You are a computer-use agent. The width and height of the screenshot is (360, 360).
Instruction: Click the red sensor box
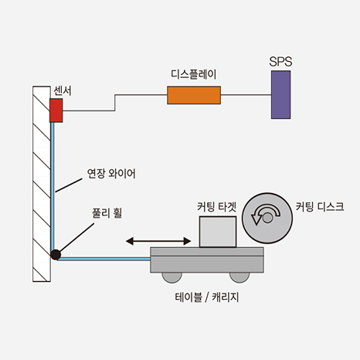tap(56, 110)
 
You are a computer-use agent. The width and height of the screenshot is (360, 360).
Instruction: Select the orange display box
tap(194, 95)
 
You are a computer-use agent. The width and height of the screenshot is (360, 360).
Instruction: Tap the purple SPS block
tap(281, 95)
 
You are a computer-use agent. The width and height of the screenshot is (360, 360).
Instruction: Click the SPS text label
tap(280, 62)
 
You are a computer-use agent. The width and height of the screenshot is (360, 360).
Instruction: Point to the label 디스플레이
tap(194, 74)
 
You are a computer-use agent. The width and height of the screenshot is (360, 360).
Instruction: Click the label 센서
tap(63, 90)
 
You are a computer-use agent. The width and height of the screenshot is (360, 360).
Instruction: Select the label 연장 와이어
tap(111, 174)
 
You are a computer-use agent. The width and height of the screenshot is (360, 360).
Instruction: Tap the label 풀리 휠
tap(107, 213)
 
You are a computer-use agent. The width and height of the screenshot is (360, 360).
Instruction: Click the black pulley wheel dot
tap(56, 255)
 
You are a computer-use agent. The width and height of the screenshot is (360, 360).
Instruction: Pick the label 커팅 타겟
tap(217, 207)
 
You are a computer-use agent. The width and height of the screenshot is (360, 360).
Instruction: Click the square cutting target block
tap(218, 232)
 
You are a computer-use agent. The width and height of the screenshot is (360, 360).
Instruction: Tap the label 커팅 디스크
tap(320, 206)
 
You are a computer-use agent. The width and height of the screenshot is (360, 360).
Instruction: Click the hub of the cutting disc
tap(267, 218)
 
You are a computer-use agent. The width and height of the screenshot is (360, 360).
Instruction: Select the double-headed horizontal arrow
tap(158, 241)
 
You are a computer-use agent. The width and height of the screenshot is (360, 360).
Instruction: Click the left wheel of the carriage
tap(172, 277)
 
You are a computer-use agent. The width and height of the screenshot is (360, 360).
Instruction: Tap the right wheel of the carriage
tap(239, 277)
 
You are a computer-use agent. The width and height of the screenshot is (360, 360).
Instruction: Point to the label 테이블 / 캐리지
tap(207, 297)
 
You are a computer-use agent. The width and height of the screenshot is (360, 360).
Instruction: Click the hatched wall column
tap(42, 184)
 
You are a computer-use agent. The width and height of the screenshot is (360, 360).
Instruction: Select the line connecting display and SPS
tap(246, 95)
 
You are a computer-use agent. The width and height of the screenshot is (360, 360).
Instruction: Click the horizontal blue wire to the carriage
tap(104, 259)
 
